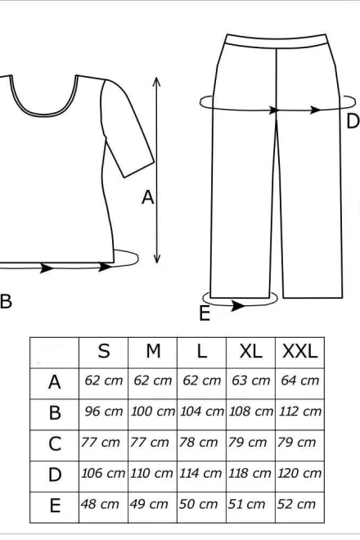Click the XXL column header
tap(299, 352)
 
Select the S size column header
tap(104, 352)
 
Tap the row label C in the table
tap(55, 444)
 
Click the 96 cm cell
tap(104, 412)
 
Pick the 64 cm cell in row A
tap(299, 380)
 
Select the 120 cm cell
tap(299, 473)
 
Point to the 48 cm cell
tap(100, 504)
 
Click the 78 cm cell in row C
tap(199, 442)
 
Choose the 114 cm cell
tap(200, 473)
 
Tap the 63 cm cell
tap(251, 380)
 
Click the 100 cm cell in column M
tap(153, 412)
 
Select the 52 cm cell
tap(296, 504)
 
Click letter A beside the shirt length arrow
tap(148, 197)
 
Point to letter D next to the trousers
tap(353, 121)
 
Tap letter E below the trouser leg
tap(205, 313)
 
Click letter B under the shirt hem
tap(6, 301)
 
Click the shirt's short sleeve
tap(127, 128)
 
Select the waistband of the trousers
tap(277, 41)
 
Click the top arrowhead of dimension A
tap(157, 80)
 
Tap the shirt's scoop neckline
tap(43, 113)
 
